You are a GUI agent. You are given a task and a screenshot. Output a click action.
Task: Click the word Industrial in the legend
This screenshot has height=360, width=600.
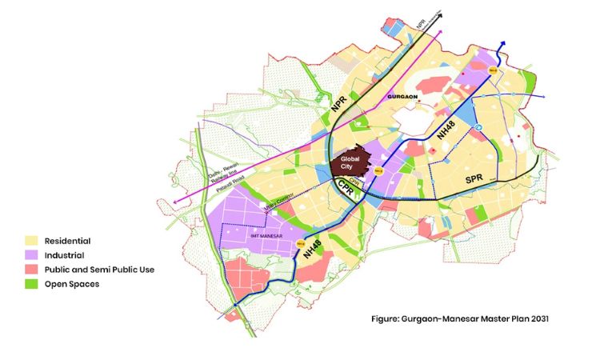point(67,254)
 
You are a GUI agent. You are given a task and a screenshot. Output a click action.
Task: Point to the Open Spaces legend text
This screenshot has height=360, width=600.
point(73,284)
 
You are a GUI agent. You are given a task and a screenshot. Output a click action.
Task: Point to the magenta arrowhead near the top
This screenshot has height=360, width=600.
point(441,33)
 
